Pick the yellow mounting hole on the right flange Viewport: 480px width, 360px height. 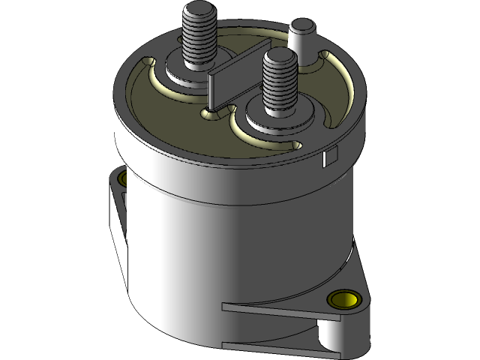(x=344, y=300)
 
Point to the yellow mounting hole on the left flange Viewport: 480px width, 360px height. (x=121, y=180)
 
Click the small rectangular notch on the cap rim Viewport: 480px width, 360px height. (x=328, y=157)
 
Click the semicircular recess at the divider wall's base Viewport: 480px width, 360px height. (x=213, y=113)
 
